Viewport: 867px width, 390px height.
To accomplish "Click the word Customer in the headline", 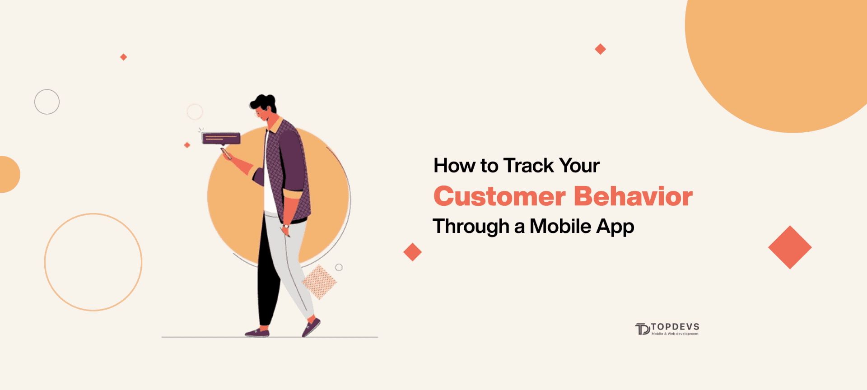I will [x=499, y=197].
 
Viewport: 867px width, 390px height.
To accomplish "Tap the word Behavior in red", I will [x=633, y=197].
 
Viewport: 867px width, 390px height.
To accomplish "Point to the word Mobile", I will [x=560, y=226].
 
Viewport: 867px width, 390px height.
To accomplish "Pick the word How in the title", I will [x=454, y=166].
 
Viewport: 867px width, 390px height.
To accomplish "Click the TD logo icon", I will [x=642, y=329].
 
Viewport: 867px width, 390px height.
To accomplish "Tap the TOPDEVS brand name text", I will [x=675, y=326].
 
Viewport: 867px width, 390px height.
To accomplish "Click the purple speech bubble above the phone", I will [x=221, y=138].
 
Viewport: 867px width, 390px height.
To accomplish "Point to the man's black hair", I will [x=264, y=102].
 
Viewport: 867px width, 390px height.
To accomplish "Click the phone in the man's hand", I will [x=226, y=153].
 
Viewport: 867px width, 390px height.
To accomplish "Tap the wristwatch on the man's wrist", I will [x=286, y=226].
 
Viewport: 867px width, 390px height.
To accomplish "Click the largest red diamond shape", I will [x=790, y=247].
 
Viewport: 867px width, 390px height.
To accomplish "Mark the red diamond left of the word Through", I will [x=412, y=252].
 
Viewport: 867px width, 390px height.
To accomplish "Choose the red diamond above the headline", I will [x=600, y=49].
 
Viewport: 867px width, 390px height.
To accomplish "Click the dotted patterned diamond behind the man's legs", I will [x=319, y=282].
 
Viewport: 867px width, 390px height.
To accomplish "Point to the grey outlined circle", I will [x=47, y=102].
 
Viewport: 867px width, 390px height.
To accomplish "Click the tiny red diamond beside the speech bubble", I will [x=187, y=145].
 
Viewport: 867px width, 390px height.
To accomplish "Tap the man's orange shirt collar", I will [x=275, y=125].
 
